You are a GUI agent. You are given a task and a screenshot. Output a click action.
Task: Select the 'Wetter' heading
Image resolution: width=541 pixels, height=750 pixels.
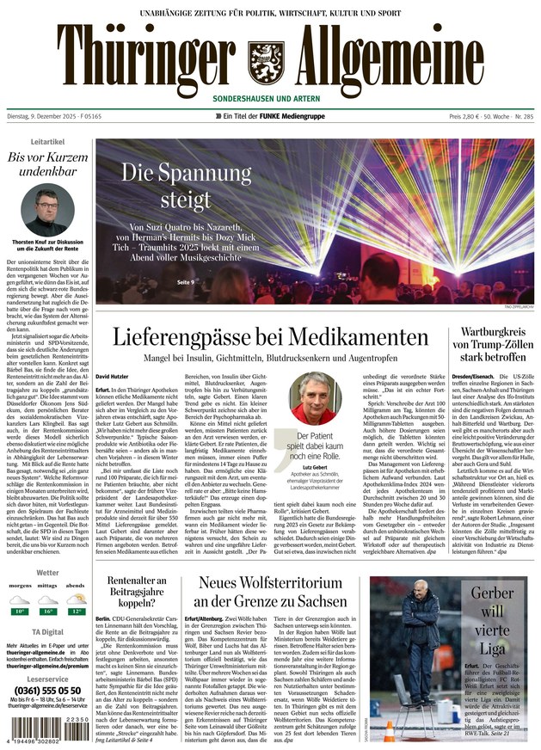click(47, 572)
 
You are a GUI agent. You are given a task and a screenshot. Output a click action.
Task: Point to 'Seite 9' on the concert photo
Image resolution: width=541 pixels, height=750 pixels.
click(186, 282)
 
